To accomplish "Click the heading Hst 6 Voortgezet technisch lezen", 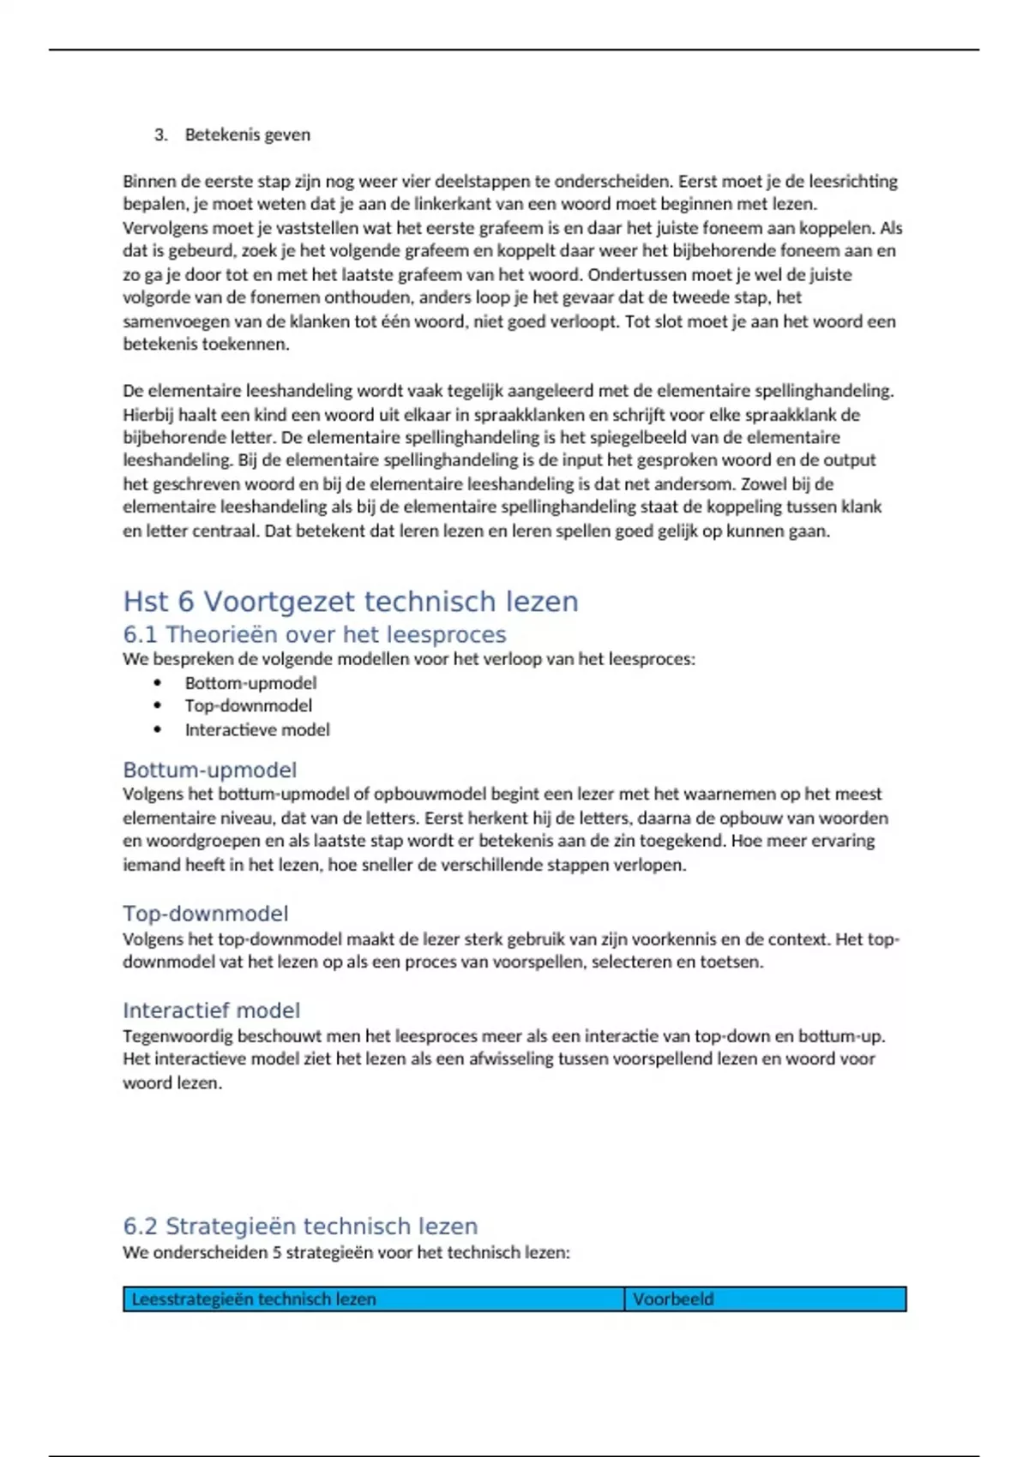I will [350, 602].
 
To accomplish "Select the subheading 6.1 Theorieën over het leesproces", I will [314, 634].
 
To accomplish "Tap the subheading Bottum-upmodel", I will [209, 770].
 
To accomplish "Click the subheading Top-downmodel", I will [205, 914].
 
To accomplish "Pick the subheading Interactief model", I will [211, 1010].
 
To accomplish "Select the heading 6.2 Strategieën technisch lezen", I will [300, 1226].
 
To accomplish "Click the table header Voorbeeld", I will [673, 1299].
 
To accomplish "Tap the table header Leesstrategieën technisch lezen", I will [254, 1299].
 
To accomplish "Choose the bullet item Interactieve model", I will [257, 729].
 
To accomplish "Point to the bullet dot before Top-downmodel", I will [158, 705].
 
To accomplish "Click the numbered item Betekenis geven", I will [248, 135].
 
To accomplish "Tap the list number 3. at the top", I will [160, 135].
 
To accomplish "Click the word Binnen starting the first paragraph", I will [148, 182].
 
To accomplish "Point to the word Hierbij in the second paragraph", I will [147, 415].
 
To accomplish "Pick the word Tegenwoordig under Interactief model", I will [178, 1036].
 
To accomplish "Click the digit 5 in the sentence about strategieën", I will [277, 1253].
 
